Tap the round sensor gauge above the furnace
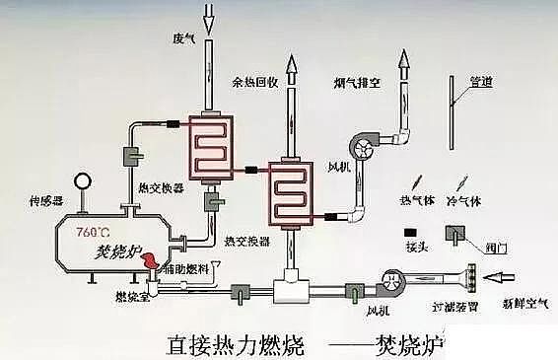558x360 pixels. [x=81, y=183]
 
